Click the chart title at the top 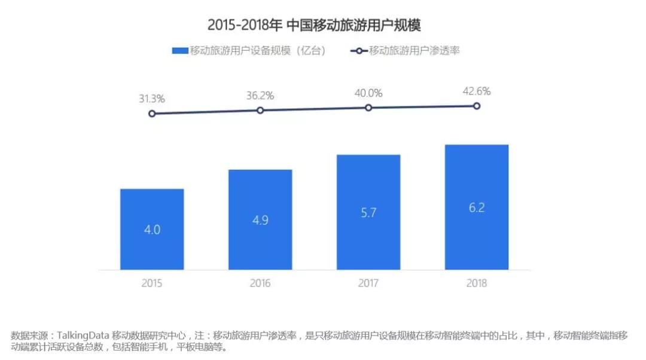315,25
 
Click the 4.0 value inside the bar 152,230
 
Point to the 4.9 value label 260,220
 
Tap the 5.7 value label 368,212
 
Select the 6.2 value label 477,208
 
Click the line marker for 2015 152,114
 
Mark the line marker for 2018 477,106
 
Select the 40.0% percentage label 368,93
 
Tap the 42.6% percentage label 477,91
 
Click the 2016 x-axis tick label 260,283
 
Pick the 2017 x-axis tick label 368,283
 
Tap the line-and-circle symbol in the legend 358,51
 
